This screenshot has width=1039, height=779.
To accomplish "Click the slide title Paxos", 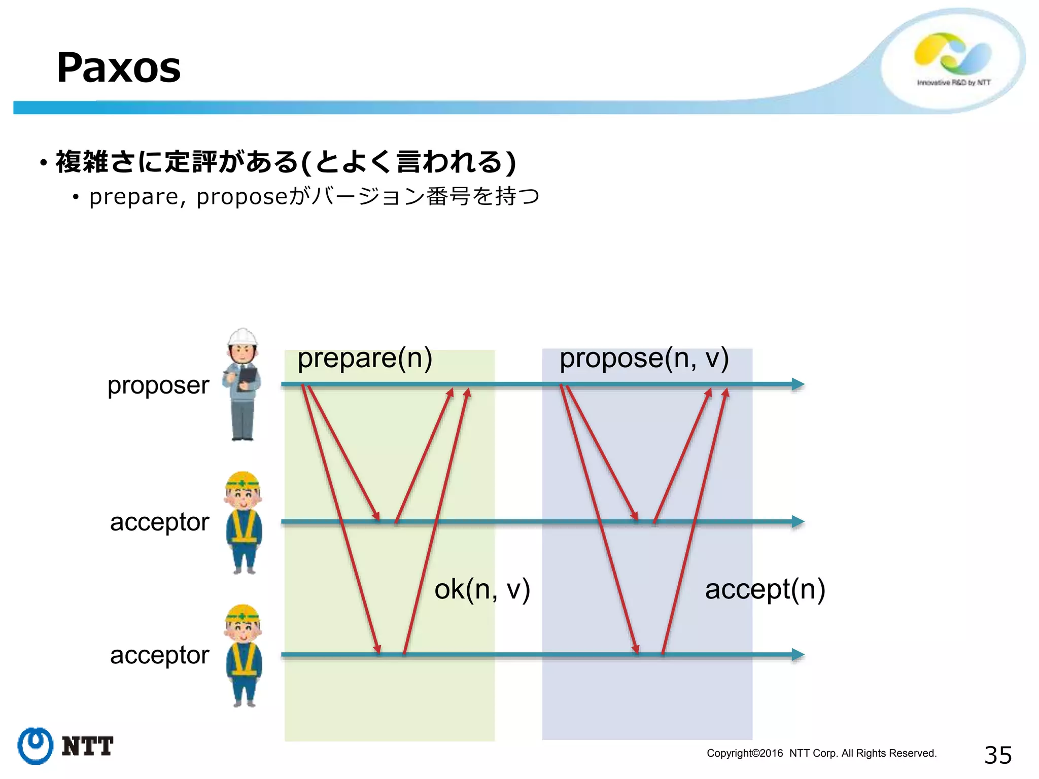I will pos(118,67).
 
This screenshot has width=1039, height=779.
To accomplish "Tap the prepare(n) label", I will pos(365,359).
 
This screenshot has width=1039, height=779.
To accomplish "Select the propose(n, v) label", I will pos(644,359).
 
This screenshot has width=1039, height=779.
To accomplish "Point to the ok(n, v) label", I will pos(482,589).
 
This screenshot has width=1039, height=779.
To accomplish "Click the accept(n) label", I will pos(765,589).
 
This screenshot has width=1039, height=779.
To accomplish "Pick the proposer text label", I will pos(158,385).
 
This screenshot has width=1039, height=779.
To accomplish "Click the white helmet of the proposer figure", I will pos(243,337).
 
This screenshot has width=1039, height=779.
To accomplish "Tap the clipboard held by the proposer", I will pos(248,377).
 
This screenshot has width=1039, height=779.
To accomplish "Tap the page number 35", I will pos(997,755).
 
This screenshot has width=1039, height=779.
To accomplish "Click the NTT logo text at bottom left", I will pos(87,747).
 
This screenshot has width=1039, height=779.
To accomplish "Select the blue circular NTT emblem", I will pos(35,746).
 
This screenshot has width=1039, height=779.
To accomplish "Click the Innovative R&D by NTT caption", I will pos(953,83).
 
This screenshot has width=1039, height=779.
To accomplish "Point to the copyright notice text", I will pos(821,753).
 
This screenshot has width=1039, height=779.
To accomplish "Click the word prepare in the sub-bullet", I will pos(133,197).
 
